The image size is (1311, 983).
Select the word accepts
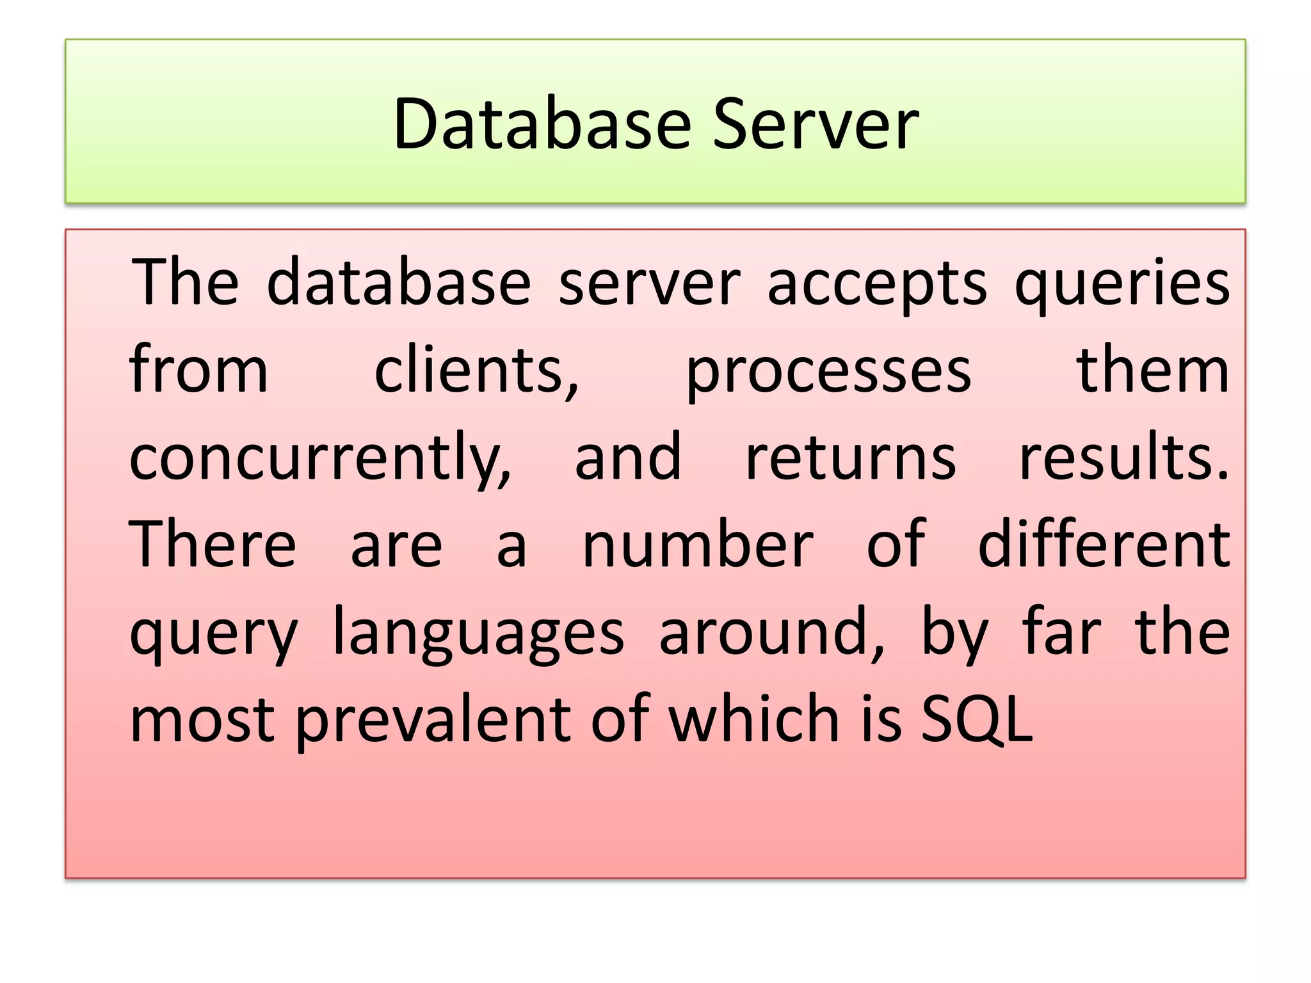(877, 283)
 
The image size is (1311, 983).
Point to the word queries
(1122, 283)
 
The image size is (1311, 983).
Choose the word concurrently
(320, 458)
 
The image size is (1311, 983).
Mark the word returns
(851, 458)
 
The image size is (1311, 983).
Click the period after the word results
(1223, 476)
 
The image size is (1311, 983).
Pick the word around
(772, 632)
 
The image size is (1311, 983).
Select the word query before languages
(214, 634)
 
